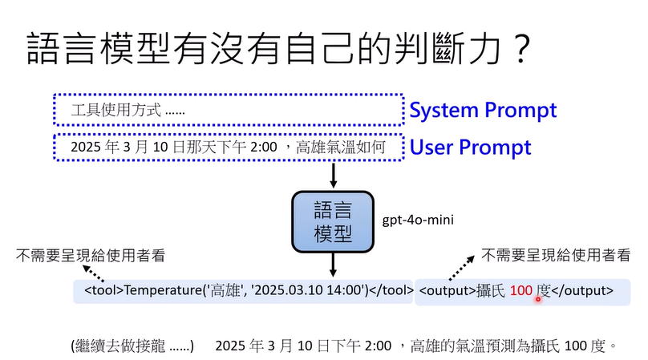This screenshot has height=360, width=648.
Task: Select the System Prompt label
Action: (x=483, y=111)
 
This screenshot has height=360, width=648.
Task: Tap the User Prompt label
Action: (x=470, y=148)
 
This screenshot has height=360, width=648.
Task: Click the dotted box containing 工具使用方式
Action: (x=228, y=110)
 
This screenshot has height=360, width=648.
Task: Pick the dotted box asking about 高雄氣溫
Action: (x=228, y=148)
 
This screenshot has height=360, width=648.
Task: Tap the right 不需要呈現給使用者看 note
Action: (x=555, y=256)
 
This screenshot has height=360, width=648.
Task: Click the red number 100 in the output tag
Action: (x=520, y=290)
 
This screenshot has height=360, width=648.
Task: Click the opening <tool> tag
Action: (x=103, y=290)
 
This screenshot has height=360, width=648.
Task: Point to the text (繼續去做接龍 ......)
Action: (x=132, y=346)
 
